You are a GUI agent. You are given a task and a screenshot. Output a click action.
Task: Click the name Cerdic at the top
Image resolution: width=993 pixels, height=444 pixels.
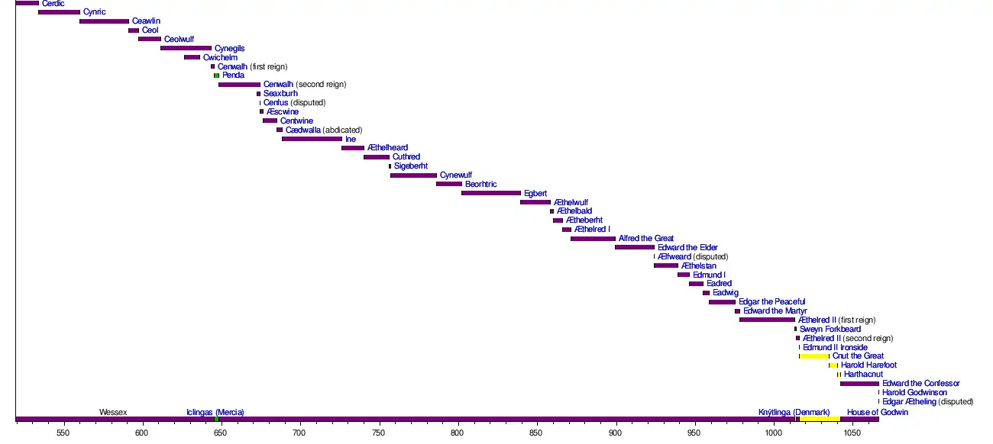click(x=53, y=4)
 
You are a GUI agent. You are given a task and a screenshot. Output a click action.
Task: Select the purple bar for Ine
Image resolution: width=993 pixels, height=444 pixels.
click(x=312, y=139)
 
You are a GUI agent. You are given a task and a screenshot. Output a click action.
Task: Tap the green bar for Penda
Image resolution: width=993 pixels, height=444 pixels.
click(x=216, y=76)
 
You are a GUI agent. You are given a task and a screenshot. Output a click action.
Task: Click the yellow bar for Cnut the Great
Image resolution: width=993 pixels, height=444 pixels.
click(x=814, y=356)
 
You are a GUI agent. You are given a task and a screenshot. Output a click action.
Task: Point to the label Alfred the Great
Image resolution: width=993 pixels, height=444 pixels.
click(x=646, y=239)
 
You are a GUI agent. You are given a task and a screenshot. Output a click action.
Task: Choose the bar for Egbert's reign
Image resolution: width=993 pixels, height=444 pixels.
click(x=490, y=193)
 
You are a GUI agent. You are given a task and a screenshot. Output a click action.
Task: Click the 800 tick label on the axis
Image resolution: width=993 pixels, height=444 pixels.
click(x=458, y=433)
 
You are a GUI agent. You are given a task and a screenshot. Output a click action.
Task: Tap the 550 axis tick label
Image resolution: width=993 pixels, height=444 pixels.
click(x=63, y=433)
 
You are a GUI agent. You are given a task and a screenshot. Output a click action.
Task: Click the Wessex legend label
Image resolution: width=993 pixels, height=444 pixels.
click(x=113, y=413)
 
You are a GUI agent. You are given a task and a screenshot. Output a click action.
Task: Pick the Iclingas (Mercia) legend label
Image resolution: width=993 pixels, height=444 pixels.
click(x=215, y=413)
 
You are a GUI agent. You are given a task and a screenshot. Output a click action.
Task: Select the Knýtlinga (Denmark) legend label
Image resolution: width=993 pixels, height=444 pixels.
click(x=794, y=413)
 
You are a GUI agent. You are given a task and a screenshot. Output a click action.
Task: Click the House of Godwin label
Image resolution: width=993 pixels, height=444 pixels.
click(x=878, y=413)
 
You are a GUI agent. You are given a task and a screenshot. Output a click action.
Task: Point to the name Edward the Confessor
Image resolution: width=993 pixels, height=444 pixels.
click(x=920, y=384)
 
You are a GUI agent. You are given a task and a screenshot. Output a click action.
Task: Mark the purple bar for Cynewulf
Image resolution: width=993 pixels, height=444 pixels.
click(x=413, y=175)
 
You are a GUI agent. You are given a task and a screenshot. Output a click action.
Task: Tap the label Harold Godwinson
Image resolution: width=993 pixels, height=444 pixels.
click(x=914, y=393)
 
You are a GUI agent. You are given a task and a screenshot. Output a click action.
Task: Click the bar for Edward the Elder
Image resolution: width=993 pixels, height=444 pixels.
click(x=635, y=247)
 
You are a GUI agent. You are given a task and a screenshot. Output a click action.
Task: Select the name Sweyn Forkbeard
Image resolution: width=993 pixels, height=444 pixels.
click(x=830, y=330)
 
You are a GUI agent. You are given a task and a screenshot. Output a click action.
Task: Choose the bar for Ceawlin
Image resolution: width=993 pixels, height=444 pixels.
click(x=104, y=21)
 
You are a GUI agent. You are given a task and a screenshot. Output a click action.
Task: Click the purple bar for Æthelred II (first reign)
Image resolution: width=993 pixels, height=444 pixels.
click(x=767, y=320)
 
